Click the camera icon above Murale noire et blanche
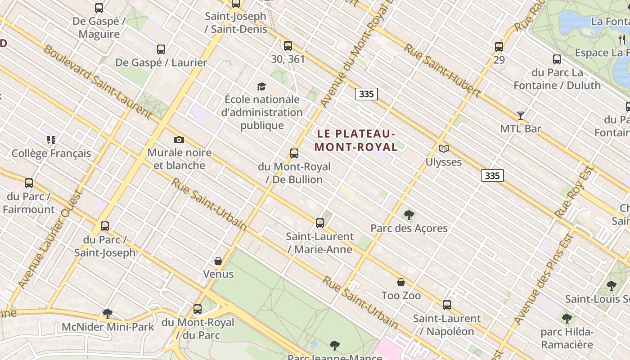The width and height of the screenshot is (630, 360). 179,140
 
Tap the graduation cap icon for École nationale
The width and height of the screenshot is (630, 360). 261,86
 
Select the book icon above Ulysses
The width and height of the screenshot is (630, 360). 444,148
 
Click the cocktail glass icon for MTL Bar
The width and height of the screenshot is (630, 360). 521,116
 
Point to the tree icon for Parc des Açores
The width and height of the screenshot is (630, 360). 409,215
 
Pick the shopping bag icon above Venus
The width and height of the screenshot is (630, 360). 218,261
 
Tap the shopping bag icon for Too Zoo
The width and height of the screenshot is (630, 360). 401,283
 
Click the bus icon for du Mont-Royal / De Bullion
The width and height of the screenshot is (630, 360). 294,153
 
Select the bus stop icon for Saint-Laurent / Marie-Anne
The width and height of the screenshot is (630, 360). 320,223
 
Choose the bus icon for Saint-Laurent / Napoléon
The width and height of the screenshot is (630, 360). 447,305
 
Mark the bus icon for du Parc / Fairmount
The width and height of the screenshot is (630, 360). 29,183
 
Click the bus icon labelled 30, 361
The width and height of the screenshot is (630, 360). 288,46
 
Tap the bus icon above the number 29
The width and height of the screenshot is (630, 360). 499,47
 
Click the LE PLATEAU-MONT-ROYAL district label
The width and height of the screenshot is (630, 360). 356,140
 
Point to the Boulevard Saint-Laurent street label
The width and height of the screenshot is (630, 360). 97,81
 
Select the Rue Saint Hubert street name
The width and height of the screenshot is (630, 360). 442,70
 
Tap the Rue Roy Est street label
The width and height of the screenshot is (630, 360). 575,192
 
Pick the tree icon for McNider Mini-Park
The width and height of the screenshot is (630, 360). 107,314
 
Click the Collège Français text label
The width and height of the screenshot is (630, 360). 51,153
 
